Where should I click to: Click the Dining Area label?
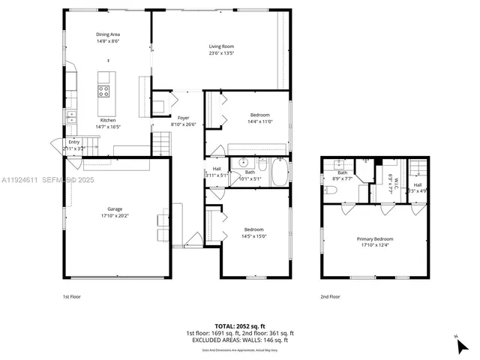[x=107, y=34]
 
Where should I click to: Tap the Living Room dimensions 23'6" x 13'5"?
[x=221, y=53]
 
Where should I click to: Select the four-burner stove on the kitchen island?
[x=103, y=91]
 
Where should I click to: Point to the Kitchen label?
[x=108, y=120]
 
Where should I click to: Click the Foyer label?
[x=183, y=118]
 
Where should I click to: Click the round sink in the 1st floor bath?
[x=243, y=163]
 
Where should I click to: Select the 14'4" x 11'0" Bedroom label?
[x=259, y=115]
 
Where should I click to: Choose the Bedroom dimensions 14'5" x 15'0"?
[x=254, y=236]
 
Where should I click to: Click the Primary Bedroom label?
[x=374, y=238]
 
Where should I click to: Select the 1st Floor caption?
[x=71, y=296]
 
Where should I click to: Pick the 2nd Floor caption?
[x=330, y=296]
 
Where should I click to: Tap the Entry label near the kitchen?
[x=73, y=142]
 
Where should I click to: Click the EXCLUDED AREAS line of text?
[x=240, y=340]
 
